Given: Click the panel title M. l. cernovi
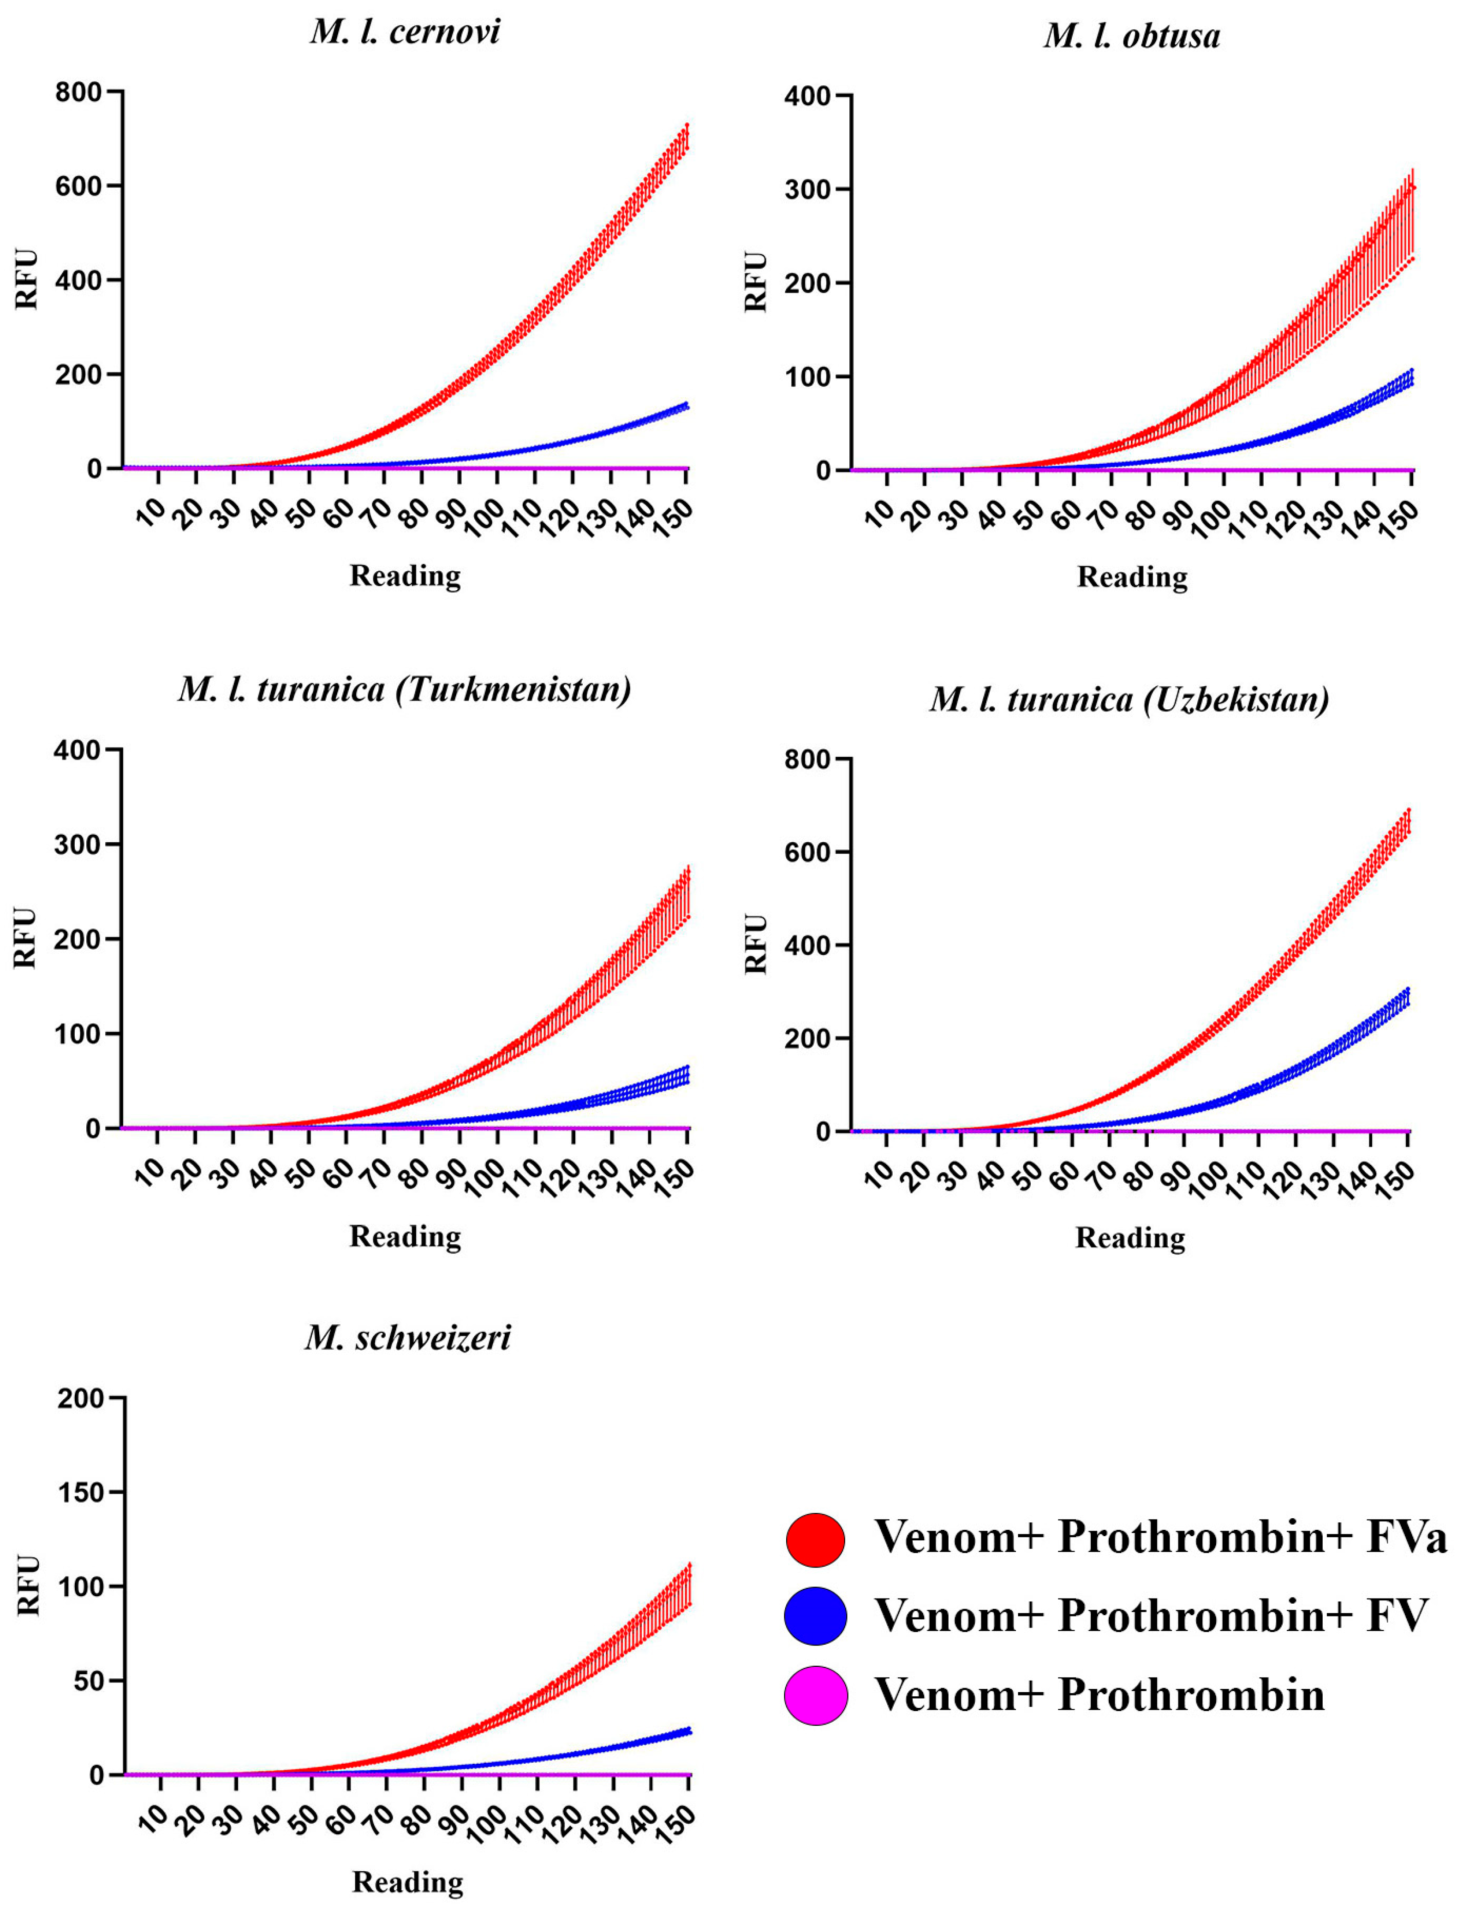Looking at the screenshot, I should pyautogui.click(x=405, y=33).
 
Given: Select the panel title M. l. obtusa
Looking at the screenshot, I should pyautogui.click(x=1132, y=36).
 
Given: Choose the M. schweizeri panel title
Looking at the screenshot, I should pyautogui.click(x=407, y=1338).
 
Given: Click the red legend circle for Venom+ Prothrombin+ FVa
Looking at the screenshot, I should pyautogui.click(x=815, y=1539).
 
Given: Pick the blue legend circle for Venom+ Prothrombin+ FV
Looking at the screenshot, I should pyautogui.click(x=815, y=1616).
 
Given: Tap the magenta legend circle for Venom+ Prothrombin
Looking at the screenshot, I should pyautogui.click(x=815, y=1695).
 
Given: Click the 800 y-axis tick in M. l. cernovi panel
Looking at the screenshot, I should pyautogui.click(x=78, y=92).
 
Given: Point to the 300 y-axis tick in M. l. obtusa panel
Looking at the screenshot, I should pyautogui.click(x=806, y=190).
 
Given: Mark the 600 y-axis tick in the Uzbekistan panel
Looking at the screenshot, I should pyautogui.click(x=806, y=853).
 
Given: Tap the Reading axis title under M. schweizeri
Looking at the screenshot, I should pyautogui.click(x=407, y=1882).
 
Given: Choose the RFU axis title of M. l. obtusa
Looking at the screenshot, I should pyautogui.click(x=756, y=282).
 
